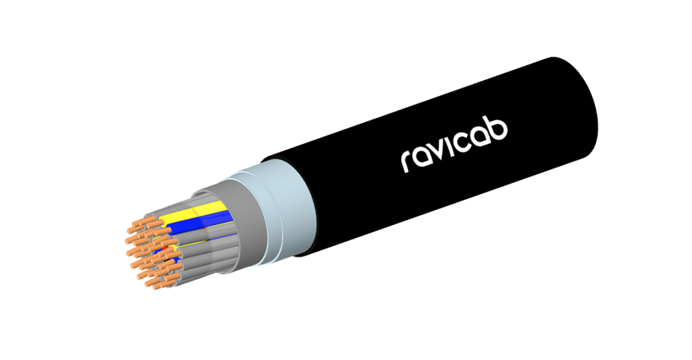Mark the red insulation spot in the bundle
point(165,250)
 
